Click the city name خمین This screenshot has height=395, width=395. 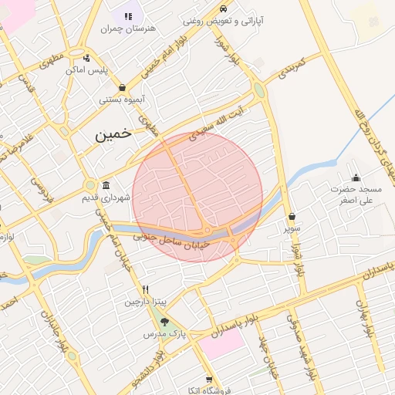tap(113, 134)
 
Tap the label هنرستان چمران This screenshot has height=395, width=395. tap(128, 29)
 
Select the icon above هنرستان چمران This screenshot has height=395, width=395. tap(128, 15)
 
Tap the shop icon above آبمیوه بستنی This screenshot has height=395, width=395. tap(122, 88)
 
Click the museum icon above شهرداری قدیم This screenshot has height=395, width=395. tap(105, 185)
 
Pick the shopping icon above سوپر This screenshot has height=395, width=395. tap(291, 217)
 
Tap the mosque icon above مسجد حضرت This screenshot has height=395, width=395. tap(356, 178)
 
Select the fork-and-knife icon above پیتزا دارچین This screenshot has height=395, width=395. tap(145, 289)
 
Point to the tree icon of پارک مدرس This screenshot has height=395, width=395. tap(164, 322)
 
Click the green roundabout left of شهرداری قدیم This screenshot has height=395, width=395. tap(90, 185)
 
